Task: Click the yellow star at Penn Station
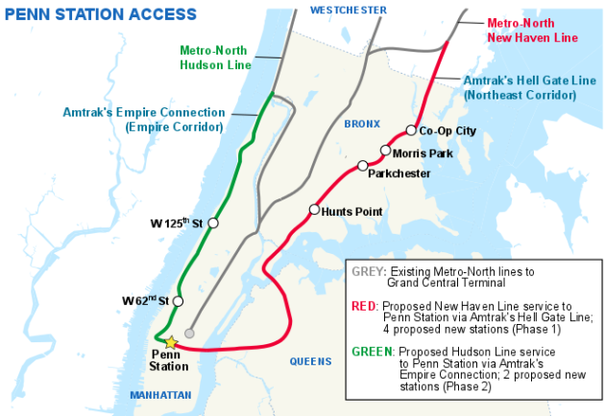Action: [171, 342]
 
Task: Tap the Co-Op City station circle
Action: [410, 130]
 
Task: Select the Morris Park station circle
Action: [385, 150]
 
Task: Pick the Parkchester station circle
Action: [363, 166]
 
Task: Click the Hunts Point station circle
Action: [314, 210]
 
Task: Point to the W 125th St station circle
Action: [213, 222]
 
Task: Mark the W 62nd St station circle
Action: [178, 301]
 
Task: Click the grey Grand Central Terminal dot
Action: [190, 333]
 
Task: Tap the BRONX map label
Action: [362, 125]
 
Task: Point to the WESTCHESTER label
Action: [349, 10]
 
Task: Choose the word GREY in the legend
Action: [368, 272]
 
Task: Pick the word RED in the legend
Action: [365, 304]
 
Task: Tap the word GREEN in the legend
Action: [373, 351]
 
